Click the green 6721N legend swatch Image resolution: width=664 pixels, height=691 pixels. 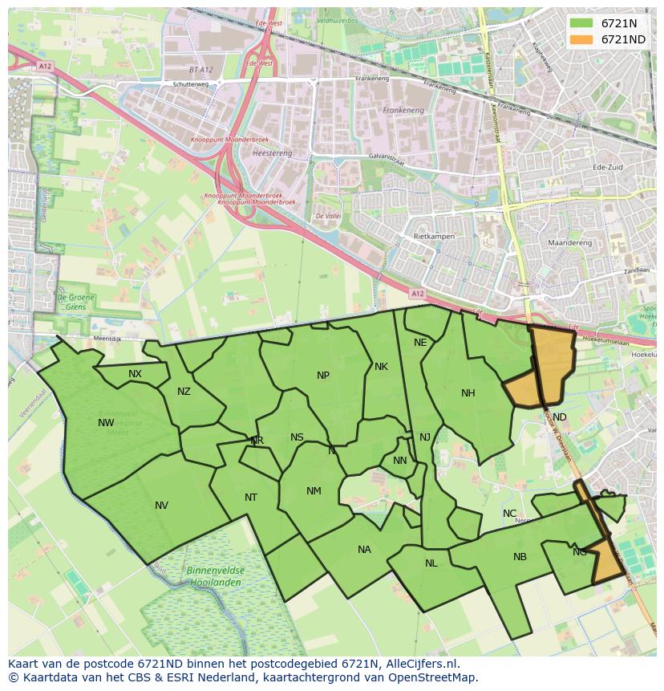(582, 23)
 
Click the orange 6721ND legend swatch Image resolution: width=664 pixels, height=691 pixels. (582, 39)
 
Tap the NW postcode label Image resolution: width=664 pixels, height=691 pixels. (106, 423)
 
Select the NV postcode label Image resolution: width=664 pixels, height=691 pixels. (161, 506)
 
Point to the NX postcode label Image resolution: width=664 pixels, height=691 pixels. (135, 374)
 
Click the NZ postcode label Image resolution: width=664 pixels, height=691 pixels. (184, 392)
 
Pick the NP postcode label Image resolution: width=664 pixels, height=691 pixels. (323, 376)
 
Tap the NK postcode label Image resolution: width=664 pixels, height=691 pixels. (381, 367)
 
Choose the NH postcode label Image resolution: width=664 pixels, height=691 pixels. (468, 393)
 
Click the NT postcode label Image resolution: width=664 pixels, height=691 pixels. (251, 498)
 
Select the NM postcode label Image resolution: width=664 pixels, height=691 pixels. (314, 491)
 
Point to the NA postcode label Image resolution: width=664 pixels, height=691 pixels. (364, 550)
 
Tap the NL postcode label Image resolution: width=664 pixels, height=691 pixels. (431, 563)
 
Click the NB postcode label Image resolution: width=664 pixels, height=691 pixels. (520, 557)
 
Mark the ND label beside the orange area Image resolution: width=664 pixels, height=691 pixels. (559, 417)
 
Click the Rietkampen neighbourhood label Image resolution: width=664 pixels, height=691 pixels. (434, 237)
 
